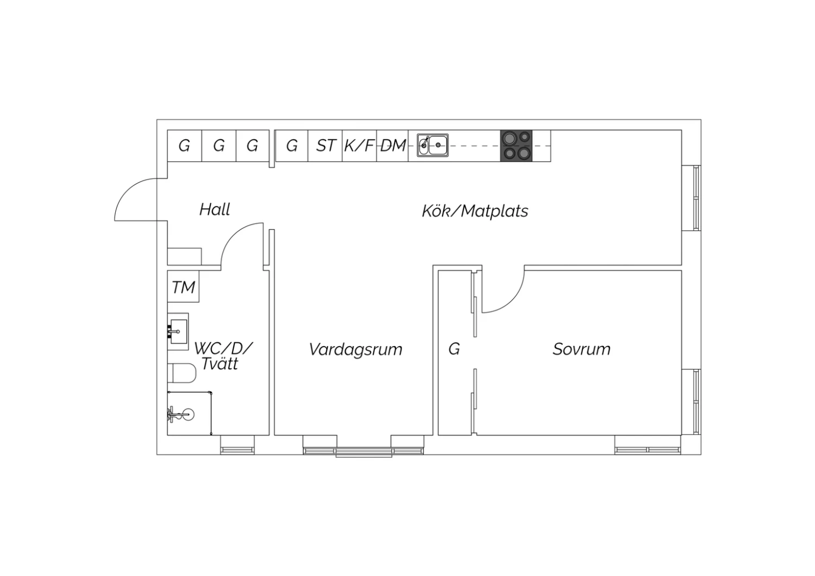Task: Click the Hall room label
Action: pos(215,210)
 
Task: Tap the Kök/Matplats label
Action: pos(475,211)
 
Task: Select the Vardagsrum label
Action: pos(356,349)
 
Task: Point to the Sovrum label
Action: pos(581,349)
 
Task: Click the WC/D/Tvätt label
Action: pos(223,356)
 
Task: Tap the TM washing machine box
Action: pos(184,286)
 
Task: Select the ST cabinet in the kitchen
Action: pos(325,146)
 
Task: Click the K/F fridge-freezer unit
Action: pos(360,146)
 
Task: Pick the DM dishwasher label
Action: pos(393,146)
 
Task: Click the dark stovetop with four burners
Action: pos(516,146)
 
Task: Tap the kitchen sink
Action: pos(432,145)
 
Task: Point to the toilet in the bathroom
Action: pos(181,373)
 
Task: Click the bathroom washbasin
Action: pos(178,331)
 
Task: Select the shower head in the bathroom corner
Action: pos(182,414)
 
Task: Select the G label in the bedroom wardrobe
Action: pos(454,349)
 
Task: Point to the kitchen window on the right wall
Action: pos(691,198)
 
